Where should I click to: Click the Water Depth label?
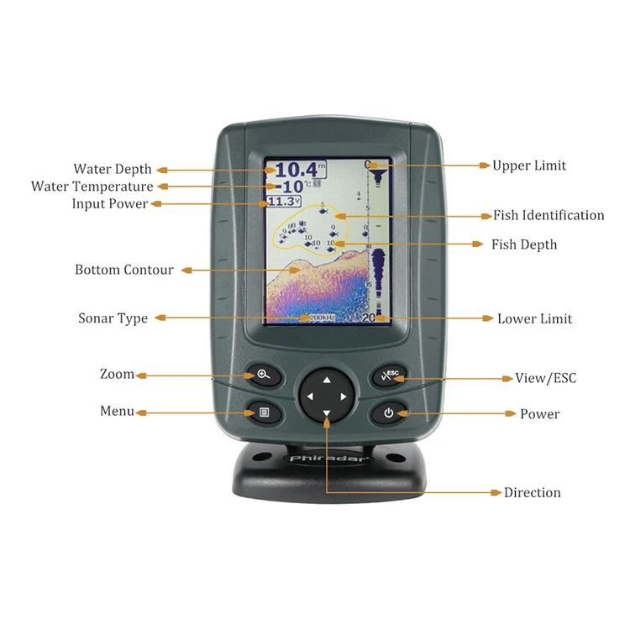(113, 170)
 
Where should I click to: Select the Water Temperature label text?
(92, 186)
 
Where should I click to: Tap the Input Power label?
(110, 204)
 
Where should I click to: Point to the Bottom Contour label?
(124, 270)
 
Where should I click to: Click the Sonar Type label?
(113, 318)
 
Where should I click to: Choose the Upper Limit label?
(529, 165)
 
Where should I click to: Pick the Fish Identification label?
(549, 215)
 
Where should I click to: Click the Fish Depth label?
(524, 244)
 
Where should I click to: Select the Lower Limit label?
(534, 318)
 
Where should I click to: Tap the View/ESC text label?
(546, 378)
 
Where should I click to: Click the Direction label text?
(533, 492)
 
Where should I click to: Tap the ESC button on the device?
(390, 375)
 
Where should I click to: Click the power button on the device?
(388, 412)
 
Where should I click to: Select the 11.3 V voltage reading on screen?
(283, 202)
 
